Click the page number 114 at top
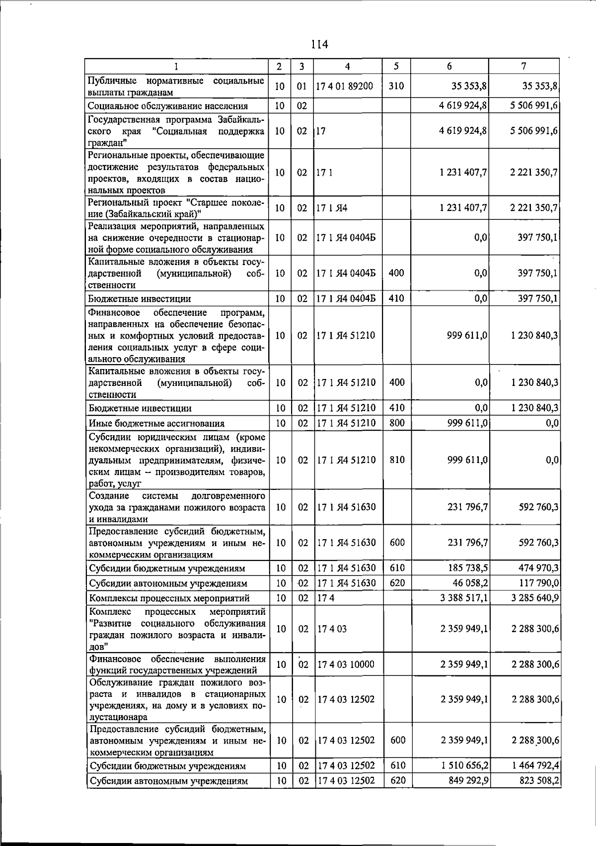(x=319, y=44)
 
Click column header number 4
(x=347, y=66)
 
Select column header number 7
(x=523, y=66)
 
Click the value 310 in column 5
(x=396, y=86)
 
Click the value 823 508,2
(x=535, y=781)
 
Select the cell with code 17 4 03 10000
(x=346, y=664)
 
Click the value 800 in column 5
(x=397, y=423)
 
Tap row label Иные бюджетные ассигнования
(x=156, y=423)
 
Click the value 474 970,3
(x=535, y=568)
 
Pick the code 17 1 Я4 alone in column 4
(x=332, y=208)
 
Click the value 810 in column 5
(x=397, y=460)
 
